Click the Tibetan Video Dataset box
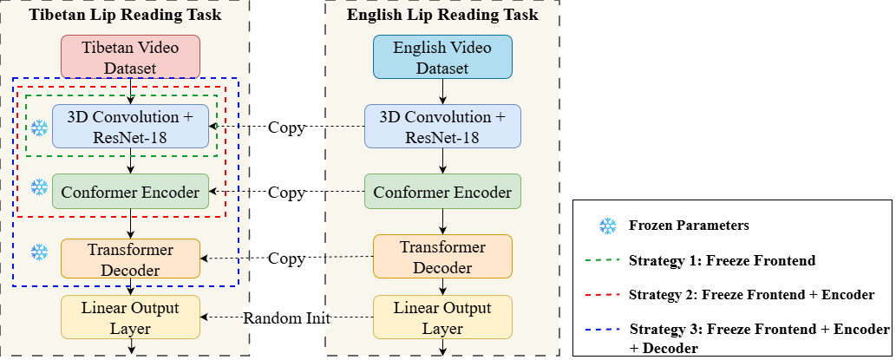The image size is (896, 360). click(130, 56)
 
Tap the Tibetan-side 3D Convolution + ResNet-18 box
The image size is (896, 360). click(130, 126)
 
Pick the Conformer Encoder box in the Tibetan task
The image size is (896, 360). click(130, 191)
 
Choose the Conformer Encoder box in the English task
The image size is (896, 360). click(442, 191)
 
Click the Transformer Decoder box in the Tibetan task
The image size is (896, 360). click(130, 259)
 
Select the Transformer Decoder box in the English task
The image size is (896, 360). click(443, 258)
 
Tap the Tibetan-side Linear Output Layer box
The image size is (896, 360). click(130, 317)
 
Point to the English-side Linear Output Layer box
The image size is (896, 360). click(443, 317)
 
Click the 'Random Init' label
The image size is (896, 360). click(286, 317)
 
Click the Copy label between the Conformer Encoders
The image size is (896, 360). click(286, 192)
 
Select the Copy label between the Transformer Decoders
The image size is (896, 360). click(286, 259)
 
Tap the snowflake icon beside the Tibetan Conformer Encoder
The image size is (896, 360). click(39, 187)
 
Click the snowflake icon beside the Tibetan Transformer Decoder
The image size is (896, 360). click(39, 252)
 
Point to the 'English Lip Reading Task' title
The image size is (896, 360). click(442, 15)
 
